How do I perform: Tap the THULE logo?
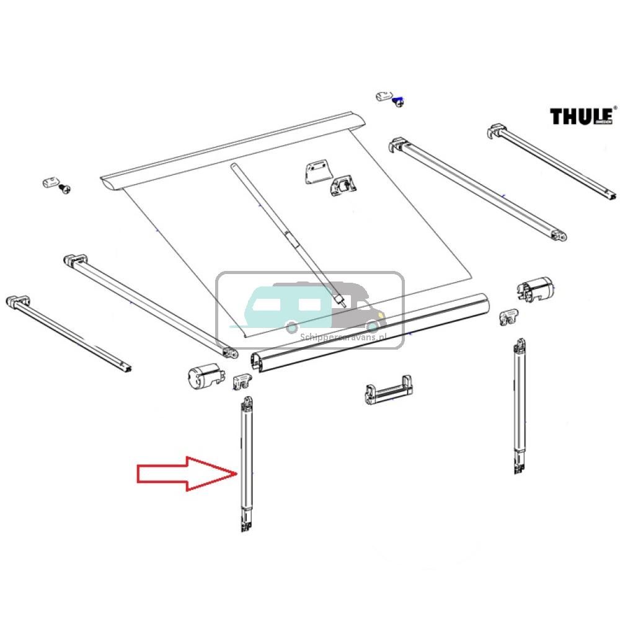[x=582, y=116]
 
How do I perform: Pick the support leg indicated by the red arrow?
[x=247, y=465]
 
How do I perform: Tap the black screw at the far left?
[x=63, y=190]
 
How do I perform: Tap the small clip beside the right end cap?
[x=509, y=316]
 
